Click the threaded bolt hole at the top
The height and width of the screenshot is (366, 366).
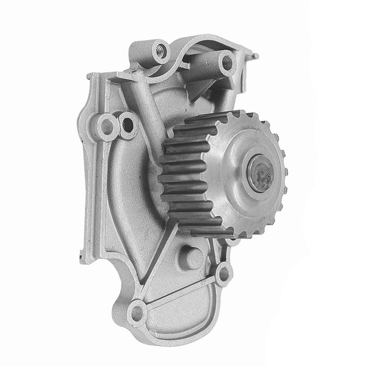160,51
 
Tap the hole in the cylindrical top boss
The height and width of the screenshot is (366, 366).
227,62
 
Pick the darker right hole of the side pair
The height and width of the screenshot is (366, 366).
127,125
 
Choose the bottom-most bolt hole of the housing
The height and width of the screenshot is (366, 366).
137,312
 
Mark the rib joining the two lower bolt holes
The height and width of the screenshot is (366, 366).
180,293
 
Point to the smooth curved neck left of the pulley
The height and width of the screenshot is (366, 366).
131,183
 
